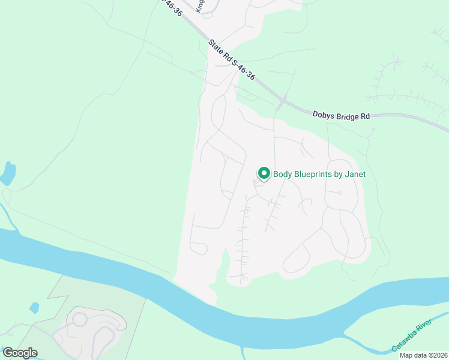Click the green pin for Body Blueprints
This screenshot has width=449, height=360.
tap(264, 173)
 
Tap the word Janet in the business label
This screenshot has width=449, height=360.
tap(354, 175)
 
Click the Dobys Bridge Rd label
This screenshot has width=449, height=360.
tap(341, 114)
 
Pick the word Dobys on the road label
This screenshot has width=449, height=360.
tap(323, 113)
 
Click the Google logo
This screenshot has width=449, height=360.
tap(20, 353)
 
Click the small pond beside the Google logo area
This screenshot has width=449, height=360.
tap(34, 308)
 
